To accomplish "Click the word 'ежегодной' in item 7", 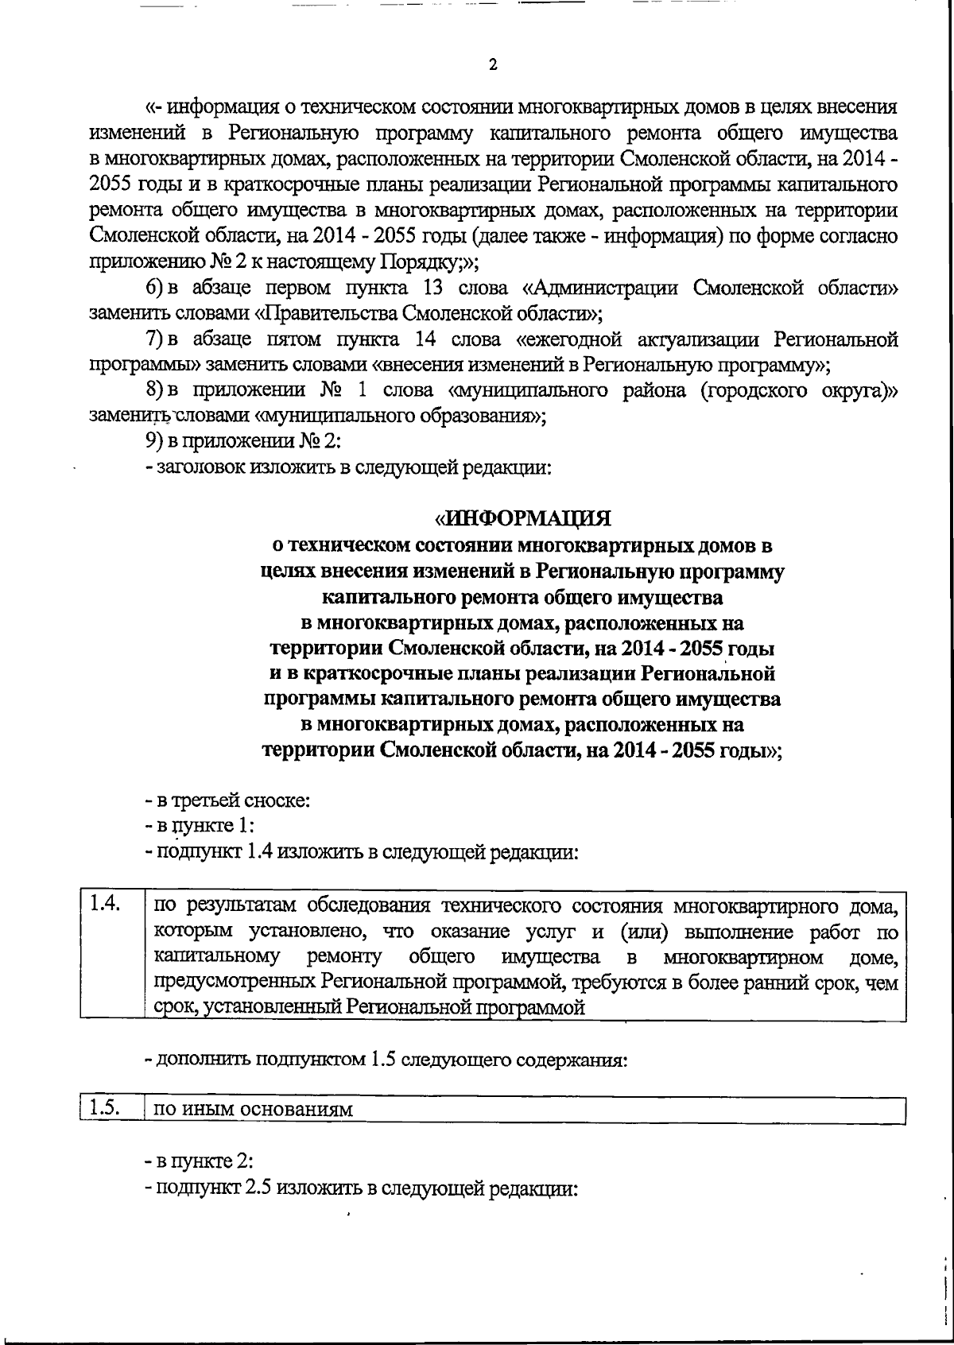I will pos(579,339).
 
